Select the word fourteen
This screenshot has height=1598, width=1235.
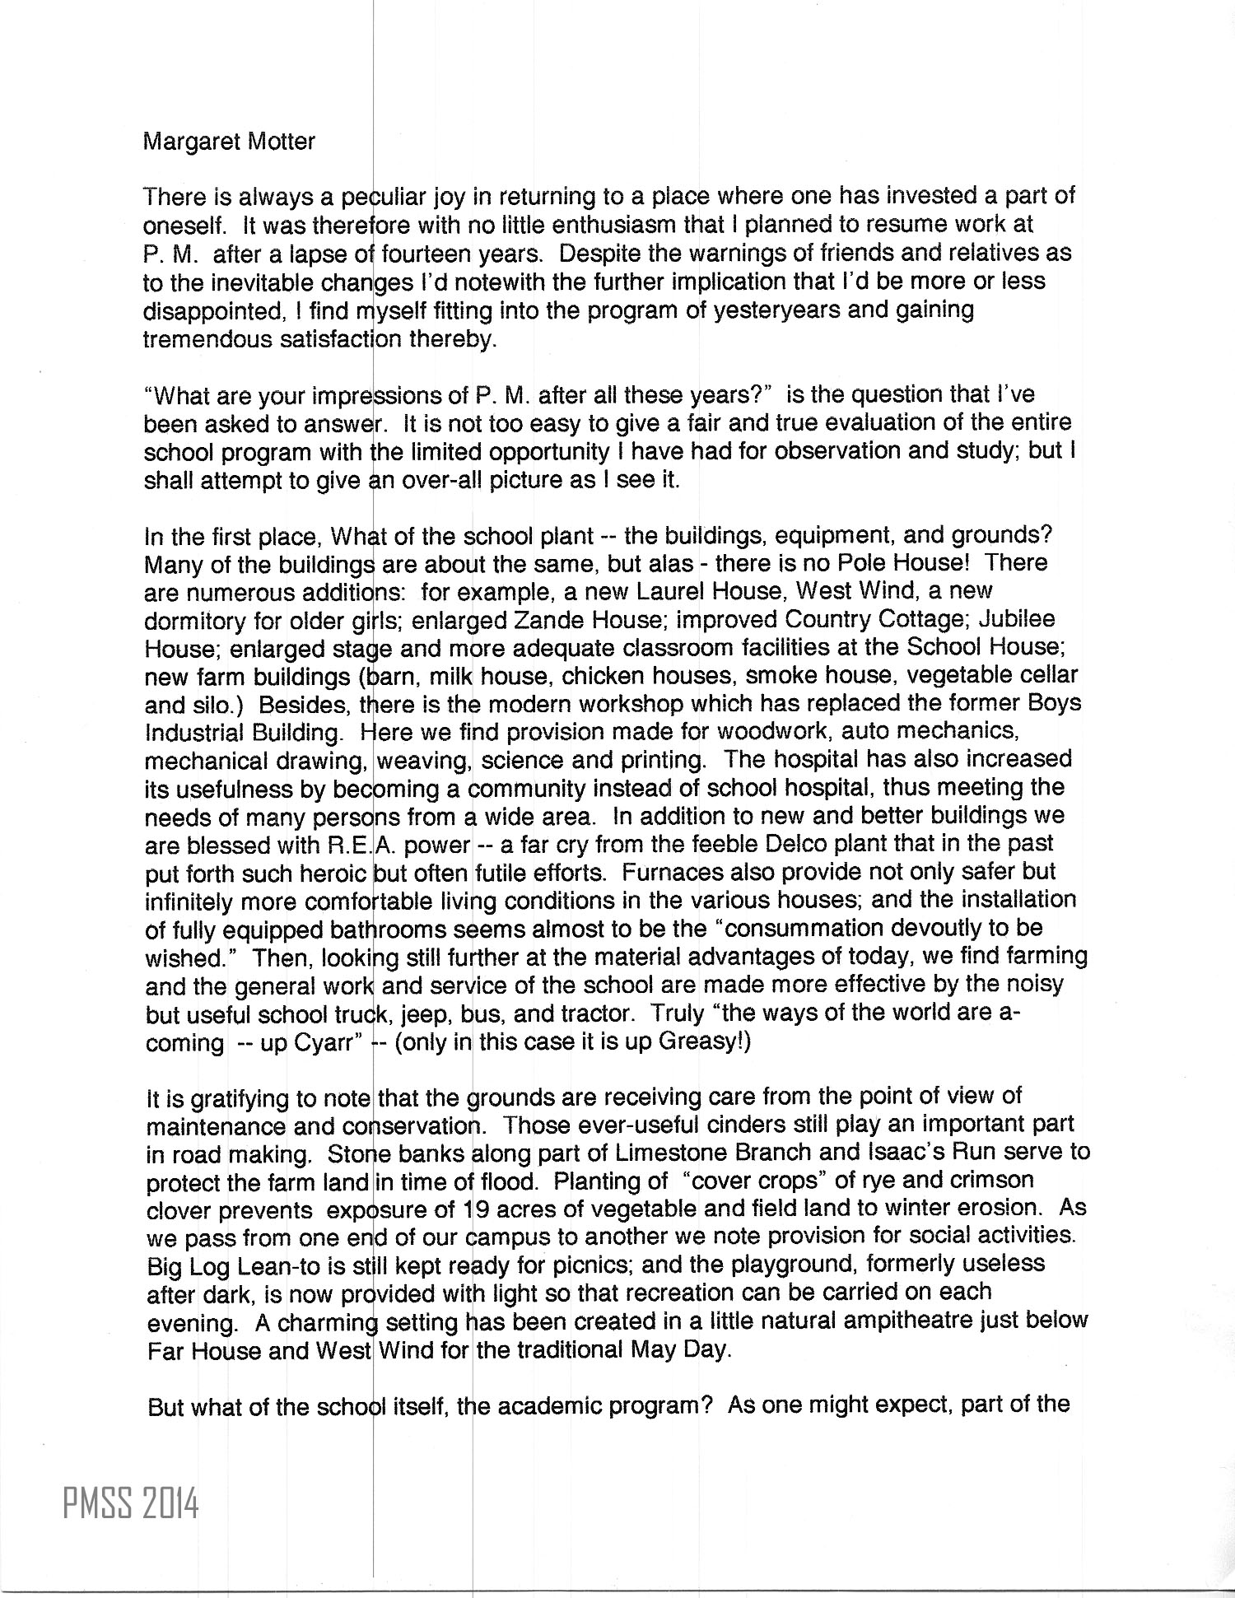pos(415,253)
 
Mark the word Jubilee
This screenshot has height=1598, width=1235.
pos(1019,619)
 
